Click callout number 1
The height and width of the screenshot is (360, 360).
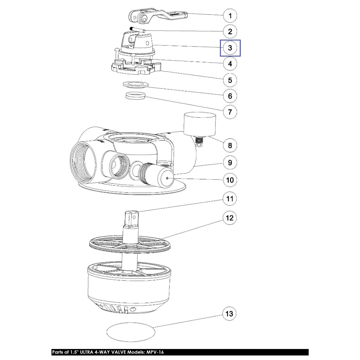point(230,15)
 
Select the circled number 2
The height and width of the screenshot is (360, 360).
point(230,32)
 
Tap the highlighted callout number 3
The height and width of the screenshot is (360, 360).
point(230,48)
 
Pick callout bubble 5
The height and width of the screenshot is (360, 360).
point(230,80)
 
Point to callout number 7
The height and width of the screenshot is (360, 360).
point(230,112)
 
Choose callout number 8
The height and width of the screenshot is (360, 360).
point(230,145)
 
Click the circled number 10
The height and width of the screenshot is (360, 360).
point(230,180)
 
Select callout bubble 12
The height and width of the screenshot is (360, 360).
point(230,218)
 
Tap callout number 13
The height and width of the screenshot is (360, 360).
point(230,314)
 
